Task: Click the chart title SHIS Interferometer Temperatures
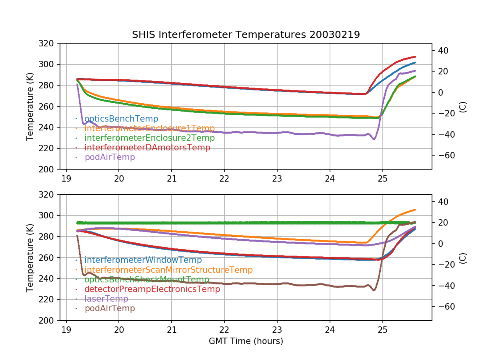(x=246, y=35)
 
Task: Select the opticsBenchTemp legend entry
(x=121, y=119)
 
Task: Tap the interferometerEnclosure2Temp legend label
(x=150, y=138)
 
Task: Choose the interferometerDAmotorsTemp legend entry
(x=147, y=148)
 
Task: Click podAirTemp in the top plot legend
(x=110, y=157)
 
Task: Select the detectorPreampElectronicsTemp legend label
(x=152, y=289)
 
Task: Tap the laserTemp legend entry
(x=106, y=299)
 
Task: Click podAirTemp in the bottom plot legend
(x=110, y=308)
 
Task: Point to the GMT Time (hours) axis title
(x=246, y=341)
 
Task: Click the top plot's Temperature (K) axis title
(x=30, y=106)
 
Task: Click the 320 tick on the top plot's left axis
(x=49, y=44)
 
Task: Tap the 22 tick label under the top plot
(x=224, y=178)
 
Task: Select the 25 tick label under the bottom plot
(x=383, y=329)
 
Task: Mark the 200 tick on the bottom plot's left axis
(x=49, y=320)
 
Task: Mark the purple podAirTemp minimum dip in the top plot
(x=374, y=139)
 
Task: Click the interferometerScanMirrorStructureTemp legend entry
(x=168, y=270)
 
